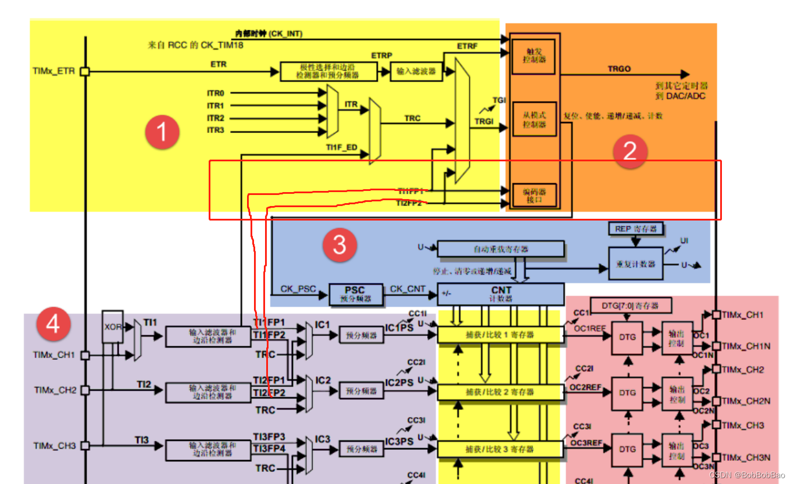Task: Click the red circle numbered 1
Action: point(162,133)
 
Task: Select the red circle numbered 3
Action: point(339,244)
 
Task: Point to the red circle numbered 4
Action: point(53,324)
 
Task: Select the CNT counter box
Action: point(500,294)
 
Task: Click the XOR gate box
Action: point(113,327)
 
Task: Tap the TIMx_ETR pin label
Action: point(53,71)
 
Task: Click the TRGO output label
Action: point(619,68)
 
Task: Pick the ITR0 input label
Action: point(215,93)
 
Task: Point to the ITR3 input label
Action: point(215,130)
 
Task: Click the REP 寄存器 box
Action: point(636,229)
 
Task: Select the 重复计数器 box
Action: point(635,263)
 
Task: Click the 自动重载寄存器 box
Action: point(500,249)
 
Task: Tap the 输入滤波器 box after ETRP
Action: point(416,71)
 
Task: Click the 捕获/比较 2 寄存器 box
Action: point(500,392)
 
